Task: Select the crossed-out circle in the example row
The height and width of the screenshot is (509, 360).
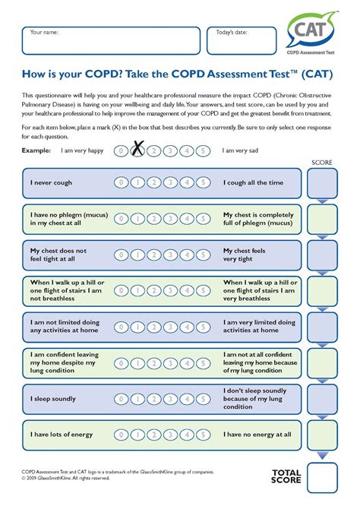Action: click(x=137, y=151)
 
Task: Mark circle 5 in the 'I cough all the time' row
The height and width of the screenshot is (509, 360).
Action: click(x=203, y=183)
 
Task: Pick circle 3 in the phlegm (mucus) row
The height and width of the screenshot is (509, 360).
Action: click(x=170, y=219)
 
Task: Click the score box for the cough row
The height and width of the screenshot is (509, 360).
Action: click(x=322, y=183)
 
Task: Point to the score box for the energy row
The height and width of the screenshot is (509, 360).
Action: click(x=322, y=435)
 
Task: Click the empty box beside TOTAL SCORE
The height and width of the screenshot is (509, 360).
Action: click(x=322, y=476)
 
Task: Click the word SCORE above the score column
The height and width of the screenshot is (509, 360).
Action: click(x=322, y=163)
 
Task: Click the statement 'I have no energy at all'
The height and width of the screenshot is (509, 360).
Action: click(x=257, y=435)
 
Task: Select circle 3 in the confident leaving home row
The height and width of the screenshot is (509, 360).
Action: click(x=170, y=362)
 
